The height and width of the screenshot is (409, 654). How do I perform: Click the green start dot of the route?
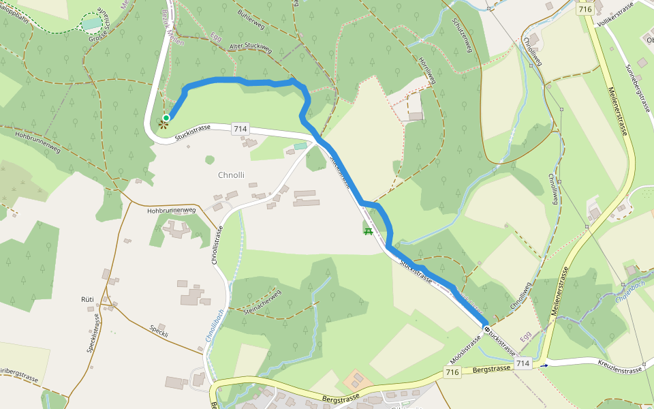pyautogui.click(x=166, y=118)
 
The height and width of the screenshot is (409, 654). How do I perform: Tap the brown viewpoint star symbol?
pyautogui.click(x=163, y=124)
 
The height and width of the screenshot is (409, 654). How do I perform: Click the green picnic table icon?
pyautogui.click(x=369, y=232)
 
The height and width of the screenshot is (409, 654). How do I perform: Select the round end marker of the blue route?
pyautogui.click(x=486, y=329)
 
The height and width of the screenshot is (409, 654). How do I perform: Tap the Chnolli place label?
pyautogui.click(x=231, y=175)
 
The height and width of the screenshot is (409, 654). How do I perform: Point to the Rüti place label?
pyautogui.click(x=87, y=299)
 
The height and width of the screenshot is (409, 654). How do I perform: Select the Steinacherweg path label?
pyautogui.click(x=262, y=302)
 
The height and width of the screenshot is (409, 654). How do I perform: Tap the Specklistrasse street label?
pyautogui.click(x=93, y=333)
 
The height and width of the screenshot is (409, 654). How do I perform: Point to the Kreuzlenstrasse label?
pyautogui.click(x=621, y=370)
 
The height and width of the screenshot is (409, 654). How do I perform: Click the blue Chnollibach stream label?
pyautogui.click(x=214, y=326)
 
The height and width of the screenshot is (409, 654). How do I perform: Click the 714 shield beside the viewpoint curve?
pyautogui.click(x=240, y=129)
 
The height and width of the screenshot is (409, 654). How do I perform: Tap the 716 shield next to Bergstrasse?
pyautogui.click(x=452, y=372)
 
